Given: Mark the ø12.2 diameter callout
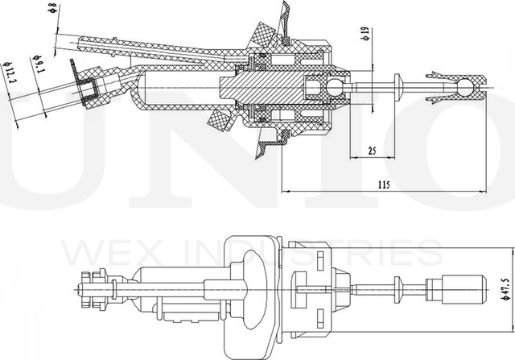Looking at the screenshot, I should [x=10, y=77].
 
